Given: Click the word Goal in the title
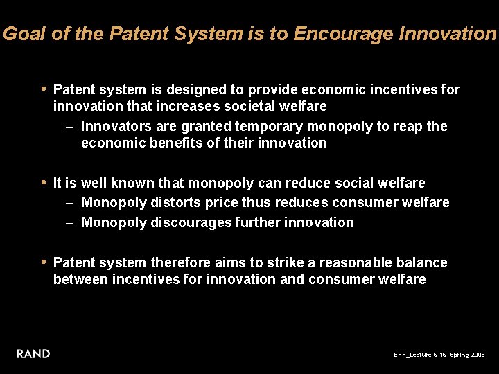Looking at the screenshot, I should pos(25,34).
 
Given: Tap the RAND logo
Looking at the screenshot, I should pos(33,354).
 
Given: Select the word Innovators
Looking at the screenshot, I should pos(113,127).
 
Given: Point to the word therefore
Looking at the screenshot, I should pos(181,263).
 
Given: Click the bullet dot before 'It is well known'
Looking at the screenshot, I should pos(44,183).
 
